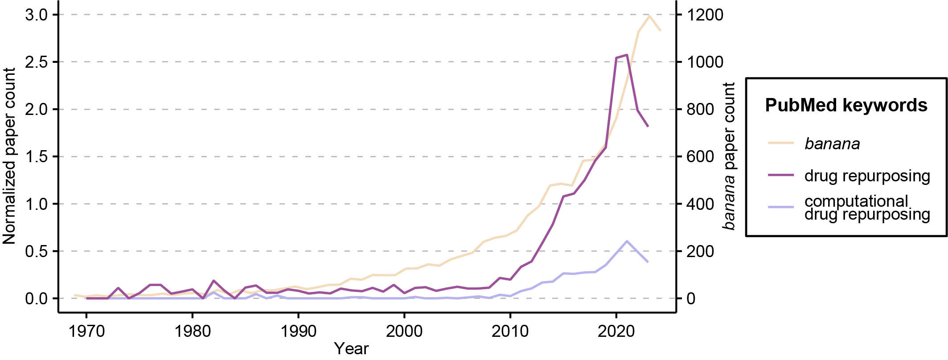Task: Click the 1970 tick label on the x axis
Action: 86,331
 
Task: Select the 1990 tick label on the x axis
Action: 298,331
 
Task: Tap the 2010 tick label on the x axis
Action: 510,331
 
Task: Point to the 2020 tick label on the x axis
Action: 616,331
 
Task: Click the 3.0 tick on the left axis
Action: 36,15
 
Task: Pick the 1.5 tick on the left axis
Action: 36,157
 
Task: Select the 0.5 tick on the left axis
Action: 36,251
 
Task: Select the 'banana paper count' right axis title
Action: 729,156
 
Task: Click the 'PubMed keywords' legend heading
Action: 846,106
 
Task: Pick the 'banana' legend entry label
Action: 832,144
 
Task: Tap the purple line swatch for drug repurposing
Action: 781,175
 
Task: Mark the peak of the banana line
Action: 649,16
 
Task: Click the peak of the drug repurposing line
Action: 627,55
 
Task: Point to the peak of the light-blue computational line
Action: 627,241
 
